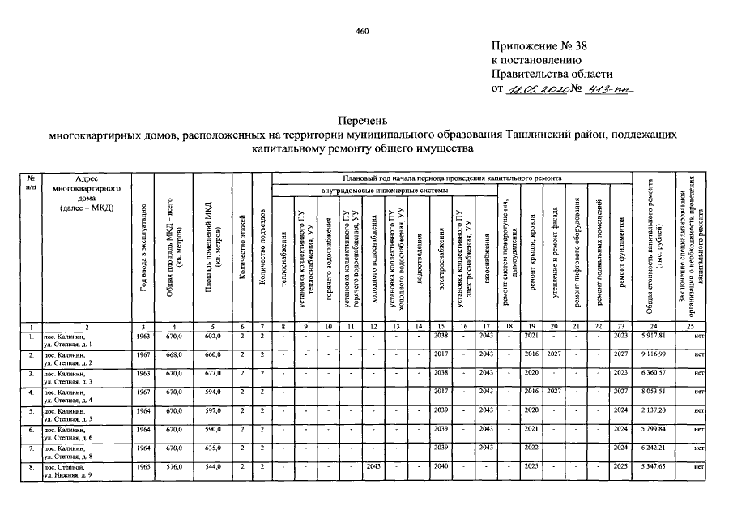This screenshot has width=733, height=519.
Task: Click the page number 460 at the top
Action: pyautogui.click(x=362, y=32)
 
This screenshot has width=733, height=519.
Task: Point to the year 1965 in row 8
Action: pyautogui.click(x=144, y=466)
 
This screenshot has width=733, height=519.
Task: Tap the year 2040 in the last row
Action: pyautogui.click(x=441, y=466)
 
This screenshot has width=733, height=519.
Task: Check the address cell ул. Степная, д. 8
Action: pyautogui.click(x=70, y=457)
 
